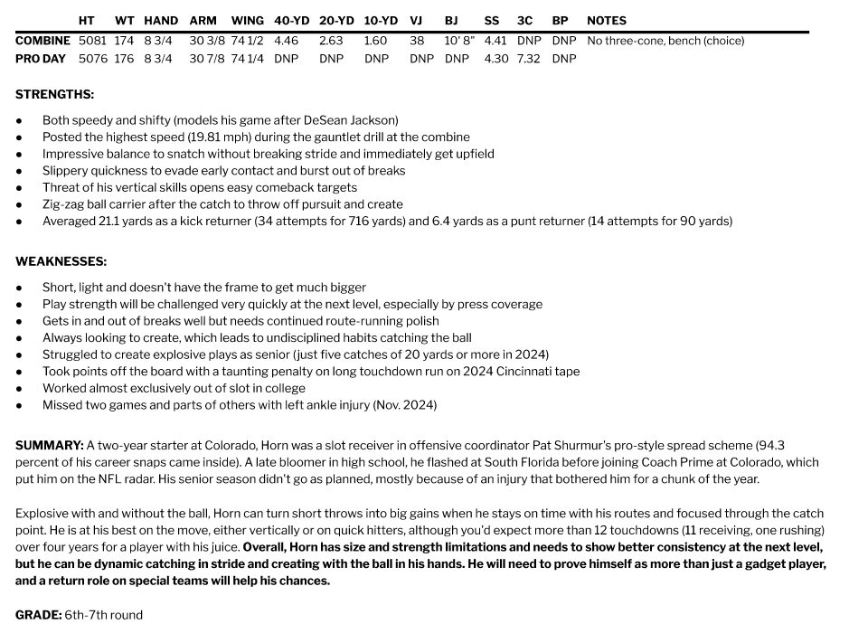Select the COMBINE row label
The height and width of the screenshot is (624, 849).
coord(42,41)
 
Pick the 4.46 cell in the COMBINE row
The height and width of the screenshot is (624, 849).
coord(286,41)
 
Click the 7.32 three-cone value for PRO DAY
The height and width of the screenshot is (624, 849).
coord(529,59)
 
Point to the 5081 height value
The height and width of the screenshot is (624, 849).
coord(92,41)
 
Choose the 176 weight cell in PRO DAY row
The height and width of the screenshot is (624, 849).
coord(124,59)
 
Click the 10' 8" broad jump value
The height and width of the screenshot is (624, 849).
coord(459,41)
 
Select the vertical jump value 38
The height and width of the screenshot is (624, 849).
coord(417,41)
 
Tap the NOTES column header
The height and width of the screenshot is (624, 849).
coord(607,20)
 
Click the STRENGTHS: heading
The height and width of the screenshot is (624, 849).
coord(54,94)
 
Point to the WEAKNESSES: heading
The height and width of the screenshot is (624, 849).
coord(61,261)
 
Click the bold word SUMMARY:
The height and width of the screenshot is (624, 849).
coord(49,446)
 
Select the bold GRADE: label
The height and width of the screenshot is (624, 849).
coord(38,615)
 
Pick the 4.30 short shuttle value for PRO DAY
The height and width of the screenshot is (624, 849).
coord(495,59)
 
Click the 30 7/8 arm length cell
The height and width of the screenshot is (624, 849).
coord(207,59)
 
